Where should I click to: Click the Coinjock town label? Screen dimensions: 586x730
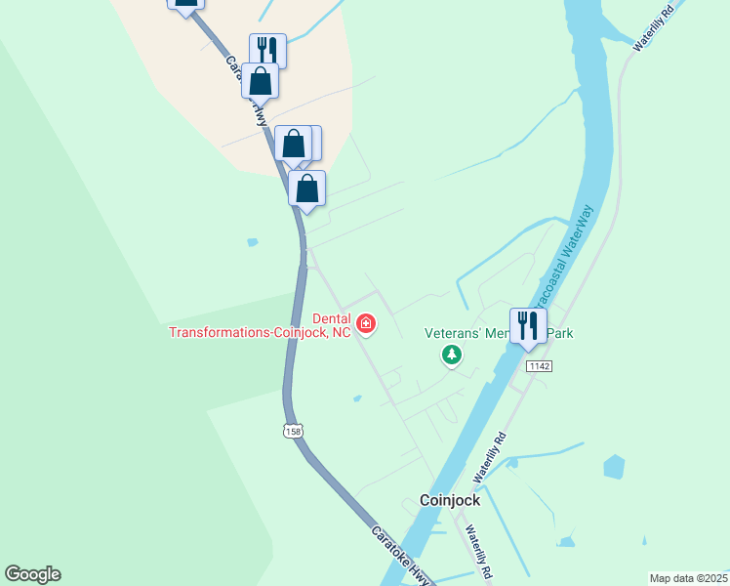450,500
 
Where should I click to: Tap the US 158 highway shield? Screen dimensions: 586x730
292,430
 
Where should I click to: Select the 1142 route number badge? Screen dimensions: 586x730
539,365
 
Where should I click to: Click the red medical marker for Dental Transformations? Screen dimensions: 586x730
366,323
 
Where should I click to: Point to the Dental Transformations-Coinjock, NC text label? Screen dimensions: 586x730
260,325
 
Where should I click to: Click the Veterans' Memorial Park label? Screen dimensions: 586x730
498,333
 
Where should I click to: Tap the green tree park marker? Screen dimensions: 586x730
452,356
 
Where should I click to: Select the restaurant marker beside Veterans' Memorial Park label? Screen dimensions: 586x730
528,325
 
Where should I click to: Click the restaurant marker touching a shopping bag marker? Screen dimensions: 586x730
268,50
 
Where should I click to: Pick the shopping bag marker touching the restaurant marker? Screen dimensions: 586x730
260,81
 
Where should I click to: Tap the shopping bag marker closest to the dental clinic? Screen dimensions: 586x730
306,188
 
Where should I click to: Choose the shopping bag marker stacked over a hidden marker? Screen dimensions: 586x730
293,144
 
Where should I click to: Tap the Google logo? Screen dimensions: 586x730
32,574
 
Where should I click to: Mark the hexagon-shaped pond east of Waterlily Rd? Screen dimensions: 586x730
613,468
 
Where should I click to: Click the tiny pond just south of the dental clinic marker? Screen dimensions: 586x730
357,398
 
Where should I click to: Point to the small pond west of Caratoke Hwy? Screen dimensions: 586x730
253,242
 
